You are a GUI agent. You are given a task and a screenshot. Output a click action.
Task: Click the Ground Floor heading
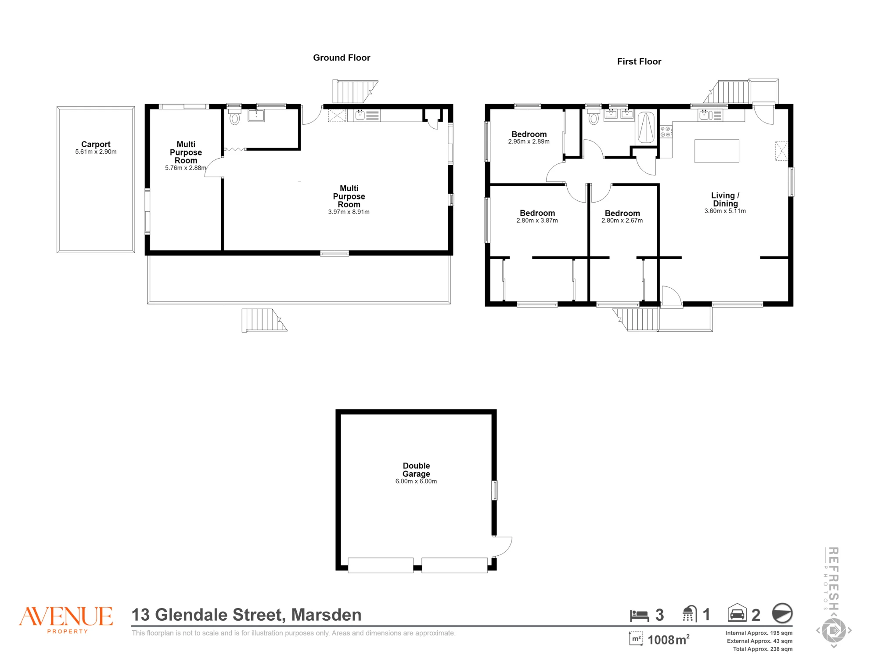pyautogui.click(x=342, y=58)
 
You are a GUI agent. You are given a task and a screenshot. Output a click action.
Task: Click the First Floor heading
pyautogui.click(x=639, y=62)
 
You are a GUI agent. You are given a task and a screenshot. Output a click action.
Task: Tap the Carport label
pyautogui.click(x=96, y=144)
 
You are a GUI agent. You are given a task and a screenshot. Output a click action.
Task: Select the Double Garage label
pyautogui.click(x=416, y=470)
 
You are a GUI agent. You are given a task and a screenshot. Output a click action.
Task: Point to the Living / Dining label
pyautogui.click(x=725, y=199)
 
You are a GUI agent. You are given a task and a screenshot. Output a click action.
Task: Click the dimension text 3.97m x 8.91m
pyautogui.click(x=349, y=212)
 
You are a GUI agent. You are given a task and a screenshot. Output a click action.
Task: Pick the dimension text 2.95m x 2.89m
pyautogui.click(x=529, y=141)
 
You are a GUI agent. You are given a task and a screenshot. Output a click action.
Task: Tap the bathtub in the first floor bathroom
pyautogui.click(x=646, y=127)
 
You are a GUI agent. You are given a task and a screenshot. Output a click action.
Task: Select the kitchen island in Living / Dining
pyautogui.click(x=716, y=151)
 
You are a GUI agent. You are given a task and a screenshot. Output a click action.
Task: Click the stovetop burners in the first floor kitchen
pyautogui.click(x=666, y=131)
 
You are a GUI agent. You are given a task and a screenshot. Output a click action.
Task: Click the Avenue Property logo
pyautogui.click(x=66, y=619)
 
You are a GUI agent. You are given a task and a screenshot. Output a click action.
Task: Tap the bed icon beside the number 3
pyautogui.click(x=639, y=616)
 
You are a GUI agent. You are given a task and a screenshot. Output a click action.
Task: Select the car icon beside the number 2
pyautogui.click(x=737, y=613)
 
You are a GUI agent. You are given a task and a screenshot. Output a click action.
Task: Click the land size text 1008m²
pyautogui.click(x=669, y=640)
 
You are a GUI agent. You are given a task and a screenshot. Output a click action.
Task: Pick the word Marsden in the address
pyautogui.click(x=326, y=615)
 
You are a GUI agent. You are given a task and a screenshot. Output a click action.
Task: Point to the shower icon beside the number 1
pyautogui.click(x=690, y=614)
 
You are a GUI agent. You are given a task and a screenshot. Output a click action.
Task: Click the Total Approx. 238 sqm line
pyautogui.click(x=763, y=649)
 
